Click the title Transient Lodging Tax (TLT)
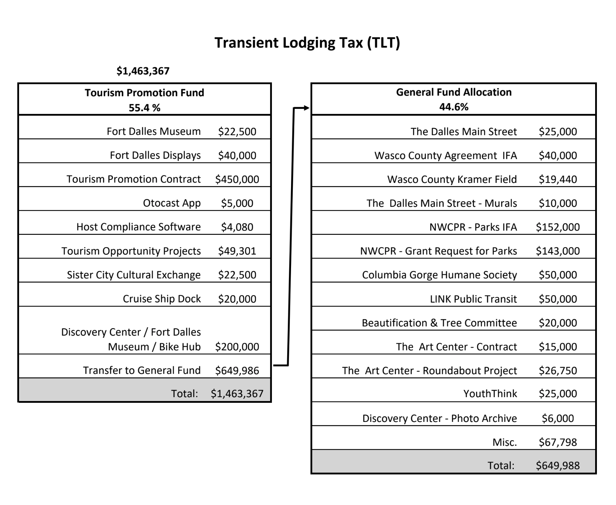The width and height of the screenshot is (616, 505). (x=307, y=43)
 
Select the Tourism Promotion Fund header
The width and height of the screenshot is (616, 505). (x=144, y=93)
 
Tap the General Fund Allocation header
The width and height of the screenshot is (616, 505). (x=454, y=92)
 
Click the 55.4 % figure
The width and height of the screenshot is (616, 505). (x=144, y=108)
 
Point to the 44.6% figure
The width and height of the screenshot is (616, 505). (x=454, y=107)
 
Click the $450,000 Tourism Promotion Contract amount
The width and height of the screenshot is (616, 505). (x=237, y=179)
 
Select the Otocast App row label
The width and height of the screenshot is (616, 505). (x=172, y=203)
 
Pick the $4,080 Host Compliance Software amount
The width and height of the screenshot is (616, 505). (x=237, y=227)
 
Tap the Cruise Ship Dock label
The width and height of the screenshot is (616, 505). (x=162, y=299)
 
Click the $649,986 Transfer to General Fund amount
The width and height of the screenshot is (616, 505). (x=237, y=371)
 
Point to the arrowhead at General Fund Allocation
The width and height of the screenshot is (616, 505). (x=307, y=108)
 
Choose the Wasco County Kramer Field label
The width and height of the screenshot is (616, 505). (x=452, y=179)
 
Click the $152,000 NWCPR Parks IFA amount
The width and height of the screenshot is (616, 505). (x=558, y=227)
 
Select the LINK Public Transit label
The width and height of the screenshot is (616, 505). (x=473, y=299)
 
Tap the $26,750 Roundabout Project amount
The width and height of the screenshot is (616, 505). (x=558, y=371)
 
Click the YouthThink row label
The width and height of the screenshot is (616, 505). (x=490, y=394)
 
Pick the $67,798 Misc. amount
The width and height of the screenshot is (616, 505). (x=558, y=442)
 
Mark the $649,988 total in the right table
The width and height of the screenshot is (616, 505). (x=558, y=465)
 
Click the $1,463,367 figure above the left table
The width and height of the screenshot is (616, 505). (x=143, y=71)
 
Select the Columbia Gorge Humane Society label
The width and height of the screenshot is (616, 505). (x=439, y=275)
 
